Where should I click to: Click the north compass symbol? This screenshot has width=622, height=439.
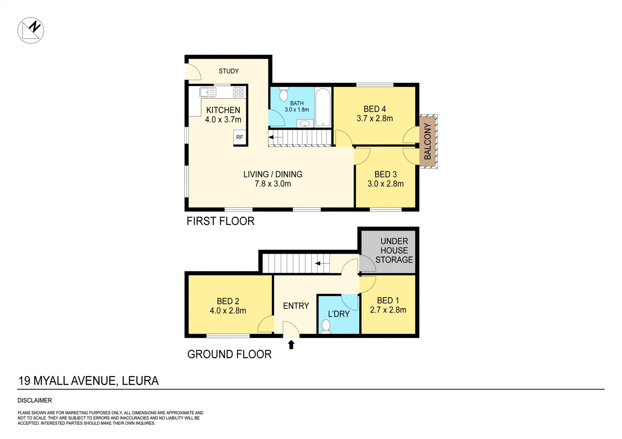[31, 30]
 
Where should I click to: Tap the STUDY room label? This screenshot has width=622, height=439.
[228, 71]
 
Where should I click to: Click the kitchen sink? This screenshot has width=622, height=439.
[207, 92]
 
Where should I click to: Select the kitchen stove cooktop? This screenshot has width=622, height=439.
[238, 92]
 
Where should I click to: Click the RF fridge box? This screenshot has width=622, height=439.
[239, 137]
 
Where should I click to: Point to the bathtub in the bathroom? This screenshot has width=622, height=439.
[323, 107]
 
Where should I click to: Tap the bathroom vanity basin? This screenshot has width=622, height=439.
[304, 124]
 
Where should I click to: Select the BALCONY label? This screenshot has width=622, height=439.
[427, 141]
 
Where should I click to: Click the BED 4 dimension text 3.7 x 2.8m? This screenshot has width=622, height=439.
[375, 119]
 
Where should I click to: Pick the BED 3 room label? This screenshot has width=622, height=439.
[385, 174]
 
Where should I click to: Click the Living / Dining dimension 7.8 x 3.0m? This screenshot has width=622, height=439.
[273, 184]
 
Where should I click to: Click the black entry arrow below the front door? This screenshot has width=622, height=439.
[291, 345]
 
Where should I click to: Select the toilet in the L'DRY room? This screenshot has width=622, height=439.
[326, 326]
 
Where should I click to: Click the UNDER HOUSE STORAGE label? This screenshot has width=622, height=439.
[394, 250]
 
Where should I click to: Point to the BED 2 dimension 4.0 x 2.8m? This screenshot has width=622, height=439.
[228, 311]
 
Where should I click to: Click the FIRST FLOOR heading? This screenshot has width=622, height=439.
[220, 221]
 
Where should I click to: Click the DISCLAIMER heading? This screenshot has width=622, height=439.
[35, 400]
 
